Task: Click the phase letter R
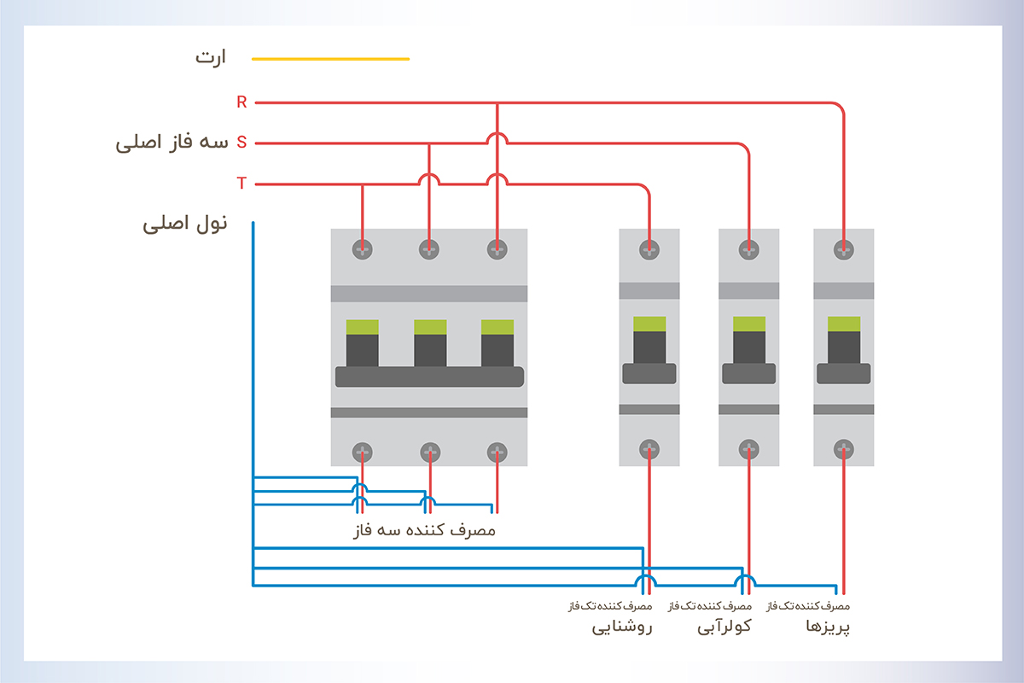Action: pyautogui.click(x=241, y=102)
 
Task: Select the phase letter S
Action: pyautogui.click(x=241, y=143)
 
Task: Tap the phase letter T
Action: pyautogui.click(x=241, y=184)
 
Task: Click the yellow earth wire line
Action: pyautogui.click(x=330, y=59)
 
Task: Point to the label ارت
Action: pyautogui.click(x=210, y=59)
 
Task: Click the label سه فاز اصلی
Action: pyautogui.click(x=172, y=143)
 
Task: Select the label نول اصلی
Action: pyautogui.click(x=185, y=225)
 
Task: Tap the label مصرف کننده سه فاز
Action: pyautogui.click(x=424, y=530)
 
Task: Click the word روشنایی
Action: pyautogui.click(x=622, y=629)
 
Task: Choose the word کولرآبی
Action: pyautogui.click(x=724, y=629)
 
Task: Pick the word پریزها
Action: pyautogui.click(x=828, y=629)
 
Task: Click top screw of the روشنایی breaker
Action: pyautogui.click(x=649, y=249)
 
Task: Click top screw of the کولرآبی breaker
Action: pyautogui.click(x=749, y=249)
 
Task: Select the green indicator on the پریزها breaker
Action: pyautogui.click(x=844, y=324)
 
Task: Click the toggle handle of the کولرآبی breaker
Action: pyautogui.click(x=749, y=373)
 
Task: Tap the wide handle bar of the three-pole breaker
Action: pyautogui.click(x=429, y=377)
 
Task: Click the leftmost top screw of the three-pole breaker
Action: pyautogui.click(x=363, y=249)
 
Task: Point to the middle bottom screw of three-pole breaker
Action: pyautogui.click(x=430, y=452)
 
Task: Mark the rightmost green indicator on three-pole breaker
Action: pyautogui.click(x=497, y=326)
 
